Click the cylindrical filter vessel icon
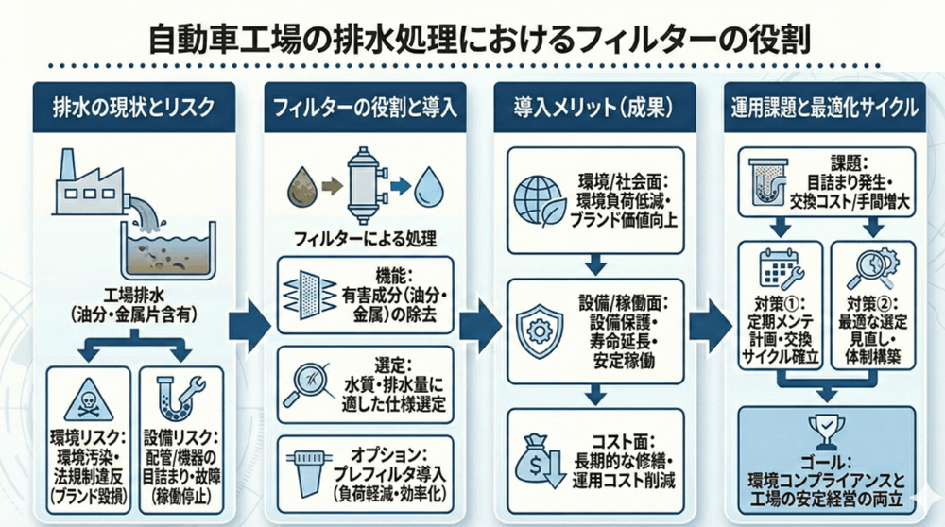(364, 183)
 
